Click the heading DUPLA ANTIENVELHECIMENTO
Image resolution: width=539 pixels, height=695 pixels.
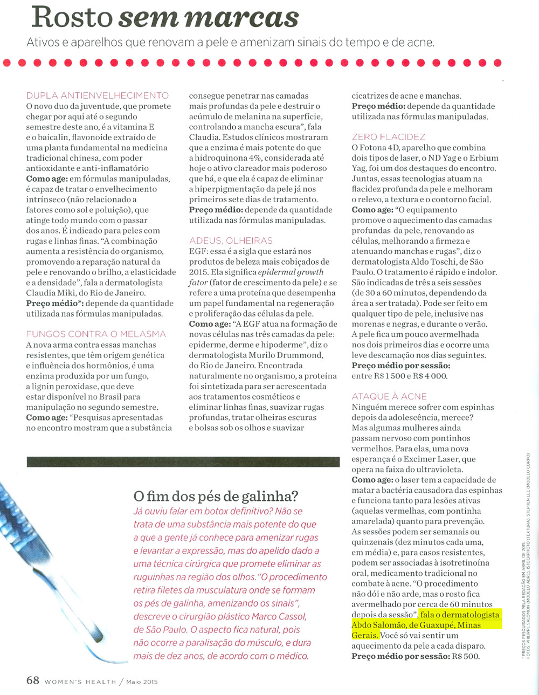[x=98, y=95]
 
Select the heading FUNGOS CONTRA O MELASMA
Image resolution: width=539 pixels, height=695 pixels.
[x=96, y=334]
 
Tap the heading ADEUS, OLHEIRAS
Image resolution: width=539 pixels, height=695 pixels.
[x=231, y=241]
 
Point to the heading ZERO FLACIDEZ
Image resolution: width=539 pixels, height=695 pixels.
[x=388, y=137]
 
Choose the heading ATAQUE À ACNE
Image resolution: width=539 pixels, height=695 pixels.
[x=389, y=396]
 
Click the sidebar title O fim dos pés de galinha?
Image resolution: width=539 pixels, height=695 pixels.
[x=216, y=496]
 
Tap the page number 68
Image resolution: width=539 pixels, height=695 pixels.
[x=33, y=680]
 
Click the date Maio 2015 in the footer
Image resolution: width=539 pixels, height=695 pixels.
[x=142, y=682]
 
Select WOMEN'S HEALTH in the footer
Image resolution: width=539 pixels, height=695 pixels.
[x=80, y=682]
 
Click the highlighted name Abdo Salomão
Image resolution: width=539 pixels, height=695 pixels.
[x=378, y=625]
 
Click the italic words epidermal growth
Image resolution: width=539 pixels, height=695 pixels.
[x=291, y=272]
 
